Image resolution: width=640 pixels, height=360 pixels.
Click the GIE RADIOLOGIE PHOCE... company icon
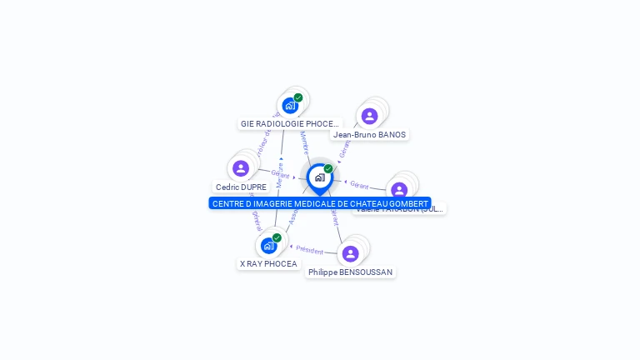(x=289, y=106)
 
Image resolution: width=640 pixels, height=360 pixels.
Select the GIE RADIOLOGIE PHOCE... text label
(x=290, y=124)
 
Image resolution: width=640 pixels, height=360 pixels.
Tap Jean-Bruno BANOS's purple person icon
(x=369, y=116)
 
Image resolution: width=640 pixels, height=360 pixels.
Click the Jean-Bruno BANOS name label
(x=369, y=135)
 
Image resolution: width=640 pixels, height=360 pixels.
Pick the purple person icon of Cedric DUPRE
(x=241, y=168)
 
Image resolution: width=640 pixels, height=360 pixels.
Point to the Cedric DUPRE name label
(x=241, y=187)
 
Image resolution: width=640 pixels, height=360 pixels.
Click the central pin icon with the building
(x=319, y=177)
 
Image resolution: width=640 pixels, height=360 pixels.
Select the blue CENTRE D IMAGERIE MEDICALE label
(x=320, y=203)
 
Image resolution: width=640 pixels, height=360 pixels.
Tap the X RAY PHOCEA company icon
(x=268, y=245)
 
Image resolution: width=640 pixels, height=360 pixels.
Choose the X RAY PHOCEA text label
(x=268, y=264)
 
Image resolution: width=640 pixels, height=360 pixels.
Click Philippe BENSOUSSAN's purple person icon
(x=350, y=253)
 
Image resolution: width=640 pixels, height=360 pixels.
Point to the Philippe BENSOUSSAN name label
(x=350, y=272)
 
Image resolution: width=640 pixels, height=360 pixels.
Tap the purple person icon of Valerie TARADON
(x=399, y=190)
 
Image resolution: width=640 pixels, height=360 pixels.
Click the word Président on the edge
(x=309, y=249)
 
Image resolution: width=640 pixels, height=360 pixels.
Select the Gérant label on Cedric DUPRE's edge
(x=280, y=174)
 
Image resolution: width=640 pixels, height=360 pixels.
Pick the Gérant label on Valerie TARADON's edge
(x=359, y=184)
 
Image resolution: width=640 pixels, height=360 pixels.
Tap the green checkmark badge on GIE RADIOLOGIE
(x=298, y=97)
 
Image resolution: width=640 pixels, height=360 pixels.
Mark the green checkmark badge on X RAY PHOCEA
(x=277, y=237)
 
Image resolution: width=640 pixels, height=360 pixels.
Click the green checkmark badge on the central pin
(x=328, y=168)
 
